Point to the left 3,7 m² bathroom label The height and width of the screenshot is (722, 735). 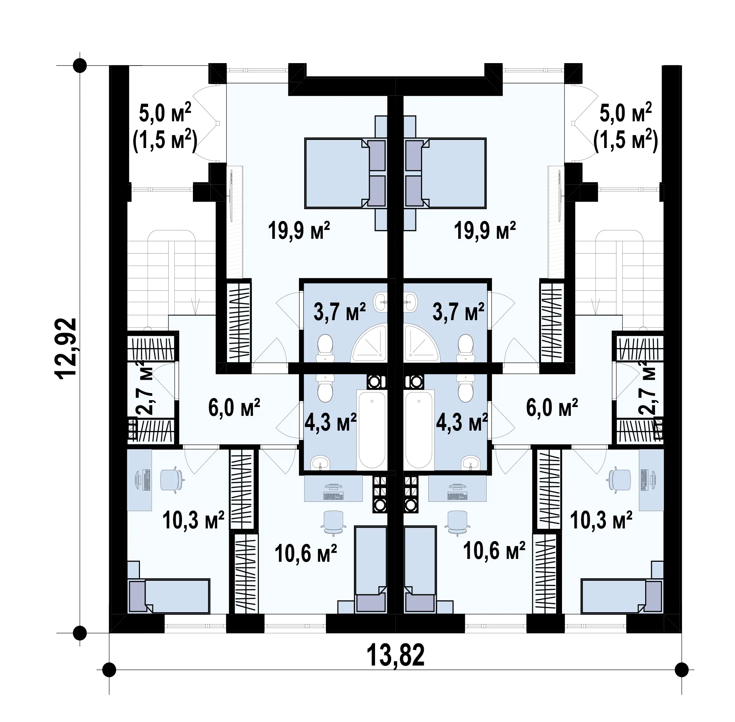pyautogui.click(x=339, y=311)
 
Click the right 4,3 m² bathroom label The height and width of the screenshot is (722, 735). pyautogui.click(x=461, y=422)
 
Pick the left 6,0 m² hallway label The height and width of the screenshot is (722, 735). pyautogui.click(x=234, y=407)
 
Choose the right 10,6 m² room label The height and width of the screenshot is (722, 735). pyautogui.click(x=494, y=551)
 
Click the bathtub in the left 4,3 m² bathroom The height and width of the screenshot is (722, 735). pyautogui.click(x=372, y=430)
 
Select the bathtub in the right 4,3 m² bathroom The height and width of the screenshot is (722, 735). pyautogui.click(x=419, y=430)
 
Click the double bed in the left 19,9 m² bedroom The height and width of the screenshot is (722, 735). pyautogui.click(x=345, y=173)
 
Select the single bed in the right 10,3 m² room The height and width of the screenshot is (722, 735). pyautogui.click(x=622, y=596)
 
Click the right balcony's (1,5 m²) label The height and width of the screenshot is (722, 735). pyautogui.click(x=626, y=141)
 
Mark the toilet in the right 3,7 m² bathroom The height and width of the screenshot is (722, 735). pyautogui.click(x=465, y=347)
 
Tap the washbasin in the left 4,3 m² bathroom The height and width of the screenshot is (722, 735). pyautogui.click(x=321, y=463)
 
